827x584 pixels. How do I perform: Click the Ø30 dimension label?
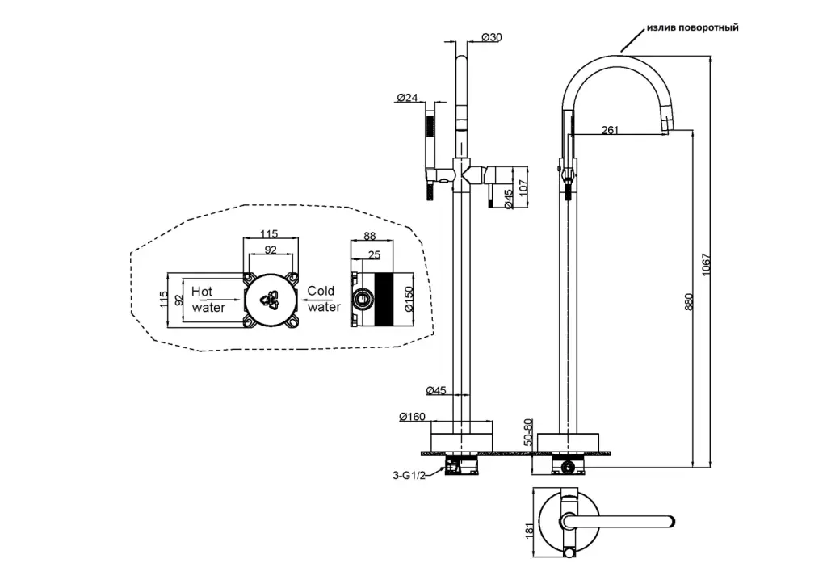[491, 37]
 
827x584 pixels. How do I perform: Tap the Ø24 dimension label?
[407, 98]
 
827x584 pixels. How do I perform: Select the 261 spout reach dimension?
[611, 131]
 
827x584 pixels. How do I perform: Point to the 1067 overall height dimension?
[707, 266]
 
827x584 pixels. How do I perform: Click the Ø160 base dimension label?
[412, 417]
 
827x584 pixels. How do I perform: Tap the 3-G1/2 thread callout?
[408, 476]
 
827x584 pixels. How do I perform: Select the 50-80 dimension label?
[527, 431]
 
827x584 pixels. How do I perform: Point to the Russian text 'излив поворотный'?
[692, 27]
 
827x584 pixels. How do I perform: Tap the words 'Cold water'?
[322, 299]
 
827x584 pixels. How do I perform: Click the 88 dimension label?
[371, 237]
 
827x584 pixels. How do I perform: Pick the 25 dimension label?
[374, 255]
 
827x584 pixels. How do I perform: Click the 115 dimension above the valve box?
[270, 233]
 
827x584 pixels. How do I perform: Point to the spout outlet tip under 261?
[667, 128]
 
